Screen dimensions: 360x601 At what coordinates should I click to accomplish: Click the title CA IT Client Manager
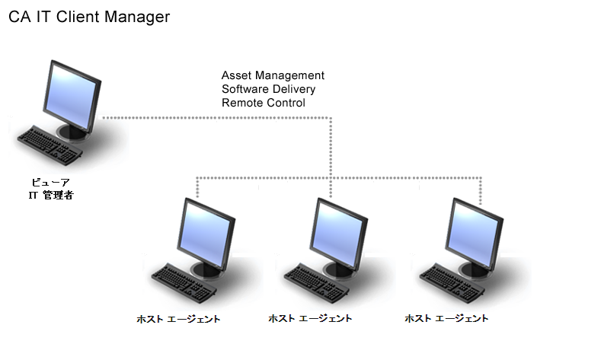pos(89,17)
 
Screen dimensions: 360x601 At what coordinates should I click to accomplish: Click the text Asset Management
pos(273,75)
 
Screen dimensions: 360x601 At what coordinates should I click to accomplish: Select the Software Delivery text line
pos(268,89)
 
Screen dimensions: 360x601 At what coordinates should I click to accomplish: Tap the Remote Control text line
pos(263,103)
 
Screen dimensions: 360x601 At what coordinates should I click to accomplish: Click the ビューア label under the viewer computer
pos(52,183)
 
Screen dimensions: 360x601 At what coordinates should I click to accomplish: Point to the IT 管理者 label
pos(51,196)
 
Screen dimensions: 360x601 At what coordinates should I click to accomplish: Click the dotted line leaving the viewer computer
pos(213,118)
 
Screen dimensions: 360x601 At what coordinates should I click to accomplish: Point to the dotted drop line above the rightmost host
pos(481,190)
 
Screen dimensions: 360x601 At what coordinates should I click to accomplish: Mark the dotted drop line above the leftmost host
pos(197,187)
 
